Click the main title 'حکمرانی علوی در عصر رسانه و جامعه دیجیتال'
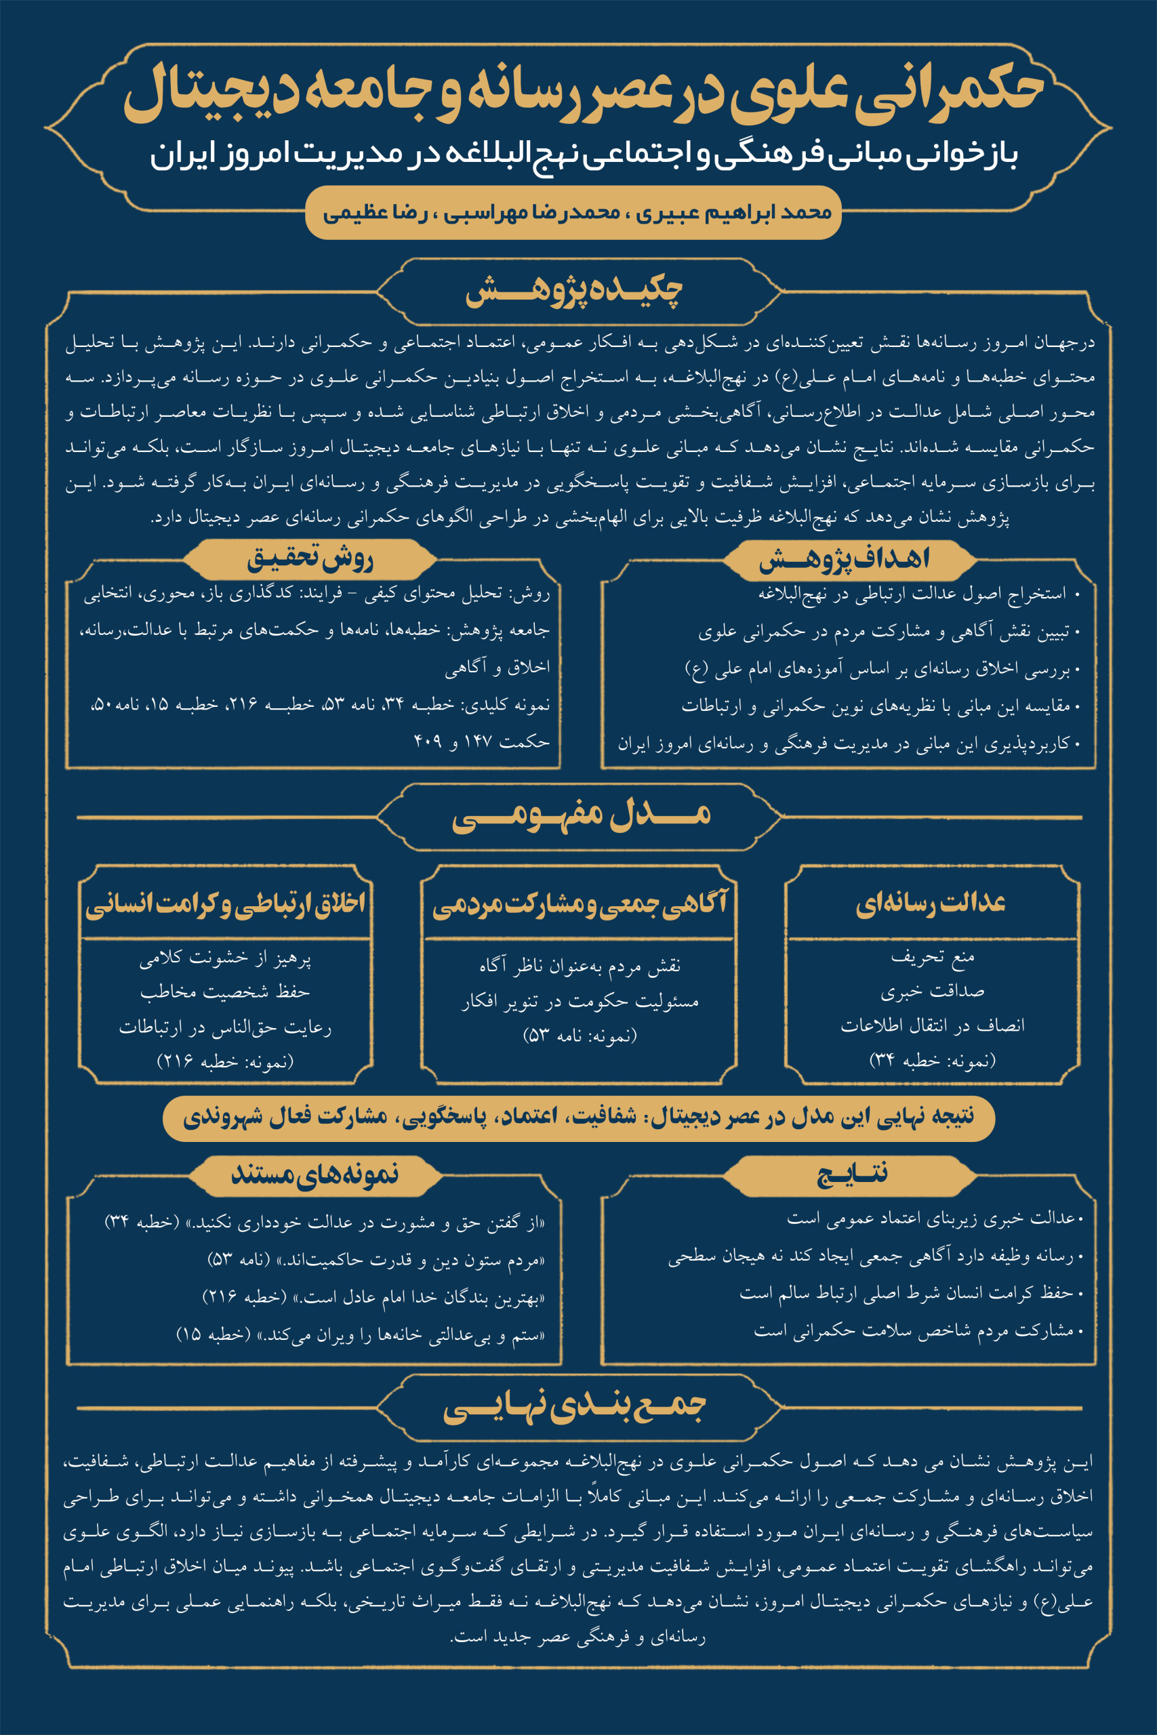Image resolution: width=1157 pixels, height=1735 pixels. click(583, 92)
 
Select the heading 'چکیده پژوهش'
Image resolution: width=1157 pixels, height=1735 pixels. click(574, 291)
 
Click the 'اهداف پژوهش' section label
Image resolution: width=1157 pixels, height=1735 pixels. click(844, 559)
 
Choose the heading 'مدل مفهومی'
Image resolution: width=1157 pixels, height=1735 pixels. click(581, 815)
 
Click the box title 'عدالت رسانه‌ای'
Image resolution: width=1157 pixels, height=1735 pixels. click(931, 903)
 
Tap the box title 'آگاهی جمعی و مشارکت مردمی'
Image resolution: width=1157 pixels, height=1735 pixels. click(580, 904)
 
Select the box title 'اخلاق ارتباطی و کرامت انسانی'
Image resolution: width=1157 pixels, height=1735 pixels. click(225, 903)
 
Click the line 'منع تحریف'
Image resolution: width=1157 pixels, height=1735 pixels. click(933, 957)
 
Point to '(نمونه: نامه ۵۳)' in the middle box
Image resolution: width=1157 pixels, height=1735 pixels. click(580, 1036)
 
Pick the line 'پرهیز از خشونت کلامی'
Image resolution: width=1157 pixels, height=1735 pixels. click(225, 959)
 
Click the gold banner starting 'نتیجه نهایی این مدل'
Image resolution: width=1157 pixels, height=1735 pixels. click(579, 1117)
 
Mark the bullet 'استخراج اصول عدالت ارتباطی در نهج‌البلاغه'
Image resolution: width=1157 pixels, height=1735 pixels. click(912, 594)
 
